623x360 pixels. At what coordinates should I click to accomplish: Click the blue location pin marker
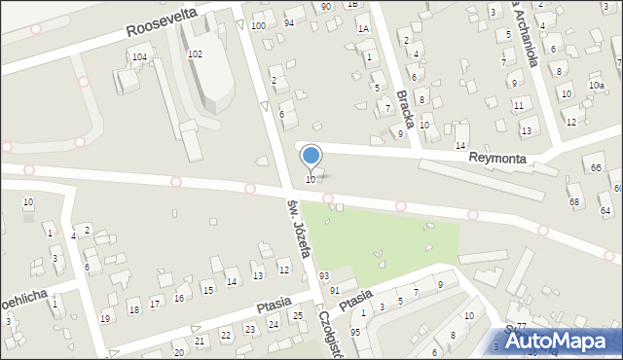[x=311, y=156]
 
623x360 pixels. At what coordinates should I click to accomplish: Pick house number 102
[x=195, y=54]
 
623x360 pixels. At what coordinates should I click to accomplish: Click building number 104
[x=139, y=58]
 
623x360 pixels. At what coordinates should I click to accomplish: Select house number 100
[x=258, y=25]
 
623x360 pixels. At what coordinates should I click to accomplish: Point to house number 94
[x=289, y=22]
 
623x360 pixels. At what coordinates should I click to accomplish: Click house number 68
[x=574, y=202]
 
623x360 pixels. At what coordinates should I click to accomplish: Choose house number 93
[x=323, y=277]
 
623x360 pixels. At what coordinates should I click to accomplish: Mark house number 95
[x=354, y=333]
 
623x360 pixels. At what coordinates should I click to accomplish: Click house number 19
[x=105, y=318]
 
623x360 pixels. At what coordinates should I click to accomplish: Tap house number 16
[x=179, y=298]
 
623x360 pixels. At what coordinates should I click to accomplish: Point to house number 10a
[x=596, y=86]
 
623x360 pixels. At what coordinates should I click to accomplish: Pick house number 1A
[x=362, y=29]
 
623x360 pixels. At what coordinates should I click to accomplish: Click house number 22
[x=226, y=335]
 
